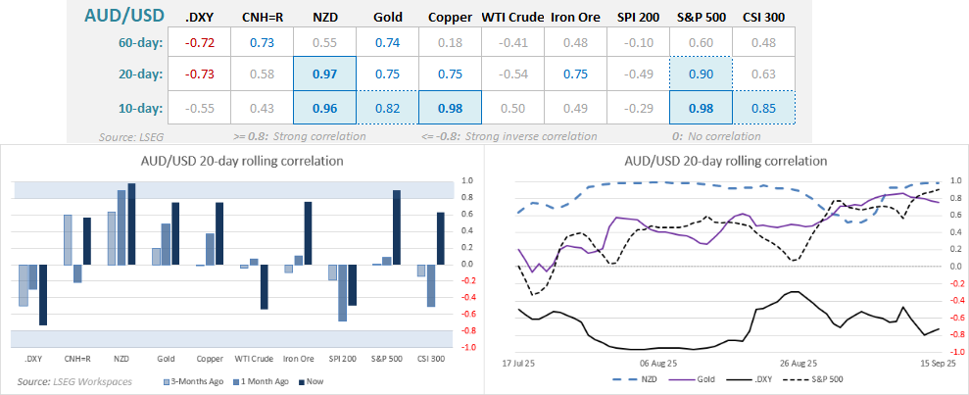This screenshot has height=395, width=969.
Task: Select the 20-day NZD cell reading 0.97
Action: [x=324, y=74]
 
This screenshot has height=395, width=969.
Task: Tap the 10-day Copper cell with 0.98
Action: [x=450, y=107]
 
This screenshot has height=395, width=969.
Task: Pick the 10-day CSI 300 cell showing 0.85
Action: [x=762, y=107]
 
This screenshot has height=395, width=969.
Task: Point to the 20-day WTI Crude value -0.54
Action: [x=512, y=74]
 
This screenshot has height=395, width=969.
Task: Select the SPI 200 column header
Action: [x=638, y=18]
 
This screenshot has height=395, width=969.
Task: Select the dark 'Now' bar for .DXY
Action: [x=43, y=294]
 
